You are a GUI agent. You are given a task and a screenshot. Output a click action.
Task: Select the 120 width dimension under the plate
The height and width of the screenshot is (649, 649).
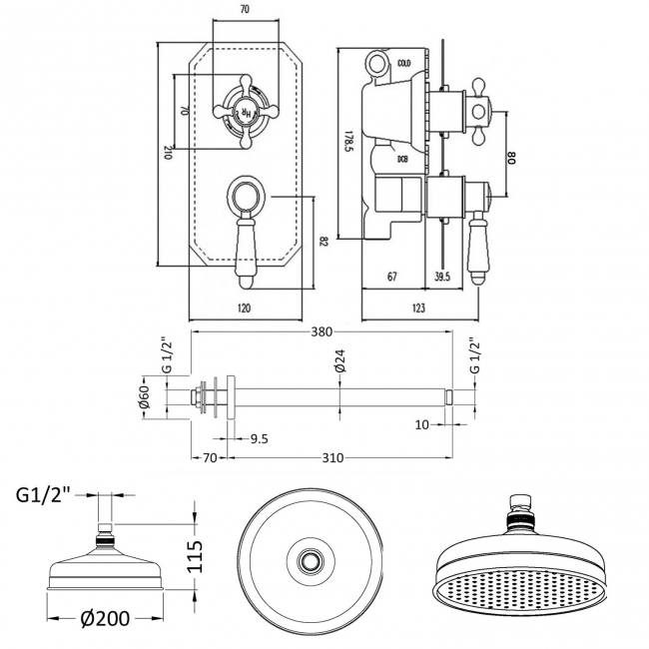pyautogui.click(x=245, y=308)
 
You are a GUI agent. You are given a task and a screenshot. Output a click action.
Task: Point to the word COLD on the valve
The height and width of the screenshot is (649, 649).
pyautogui.click(x=403, y=63)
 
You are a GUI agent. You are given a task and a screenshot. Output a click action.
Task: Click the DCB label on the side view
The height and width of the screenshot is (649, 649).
pyautogui.click(x=401, y=159)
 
